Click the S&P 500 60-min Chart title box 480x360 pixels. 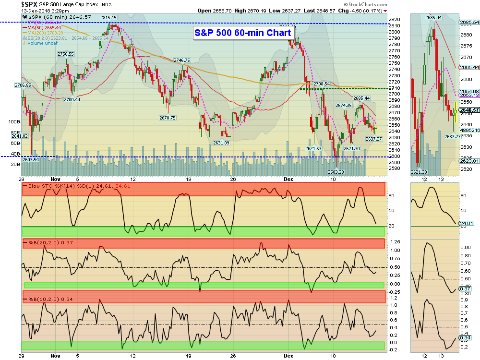pyautogui.click(x=243, y=33)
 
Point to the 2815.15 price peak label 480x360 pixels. pyautogui.click(x=108, y=17)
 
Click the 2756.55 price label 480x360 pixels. pyautogui.click(x=65, y=54)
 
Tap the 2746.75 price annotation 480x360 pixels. pyautogui.click(x=182, y=60)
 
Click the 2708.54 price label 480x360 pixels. pyautogui.click(x=321, y=84)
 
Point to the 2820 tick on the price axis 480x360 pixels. pyautogui.click(x=395, y=19)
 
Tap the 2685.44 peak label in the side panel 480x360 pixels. pyautogui.click(x=433, y=17)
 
